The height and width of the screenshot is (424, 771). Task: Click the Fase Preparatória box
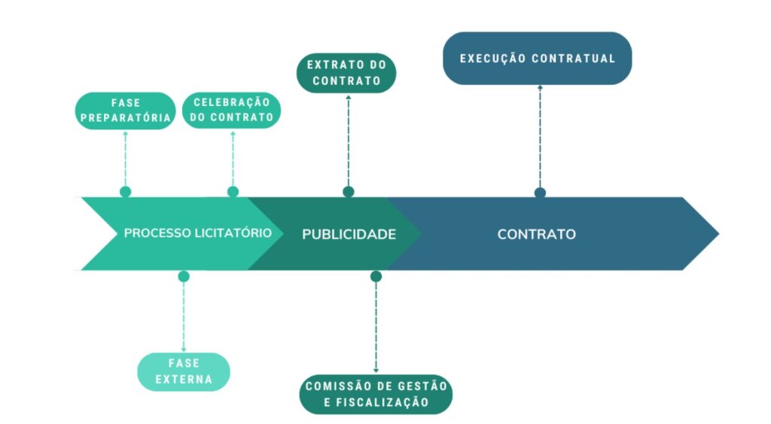(125, 110)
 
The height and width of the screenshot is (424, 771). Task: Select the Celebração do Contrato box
(232, 110)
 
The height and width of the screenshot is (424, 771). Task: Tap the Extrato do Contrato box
(346, 73)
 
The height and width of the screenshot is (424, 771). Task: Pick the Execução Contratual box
(537, 58)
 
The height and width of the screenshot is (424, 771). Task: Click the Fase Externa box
(184, 371)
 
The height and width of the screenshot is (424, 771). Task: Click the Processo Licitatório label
(197, 233)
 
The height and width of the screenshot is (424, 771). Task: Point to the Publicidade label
(349, 234)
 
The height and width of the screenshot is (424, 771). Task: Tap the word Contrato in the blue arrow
(536, 234)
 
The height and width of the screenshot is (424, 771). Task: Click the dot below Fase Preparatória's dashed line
(125, 192)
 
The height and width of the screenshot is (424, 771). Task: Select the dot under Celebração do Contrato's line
(233, 192)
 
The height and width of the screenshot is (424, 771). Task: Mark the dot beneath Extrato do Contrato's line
(348, 192)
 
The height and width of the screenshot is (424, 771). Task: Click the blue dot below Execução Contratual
(540, 192)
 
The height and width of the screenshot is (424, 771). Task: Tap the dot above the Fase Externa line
(184, 277)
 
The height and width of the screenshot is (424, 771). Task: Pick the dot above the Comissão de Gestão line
(376, 277)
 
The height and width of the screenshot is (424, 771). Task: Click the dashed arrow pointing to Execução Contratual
(540, 135)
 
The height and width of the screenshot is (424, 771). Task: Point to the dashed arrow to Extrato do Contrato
(348, 139)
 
